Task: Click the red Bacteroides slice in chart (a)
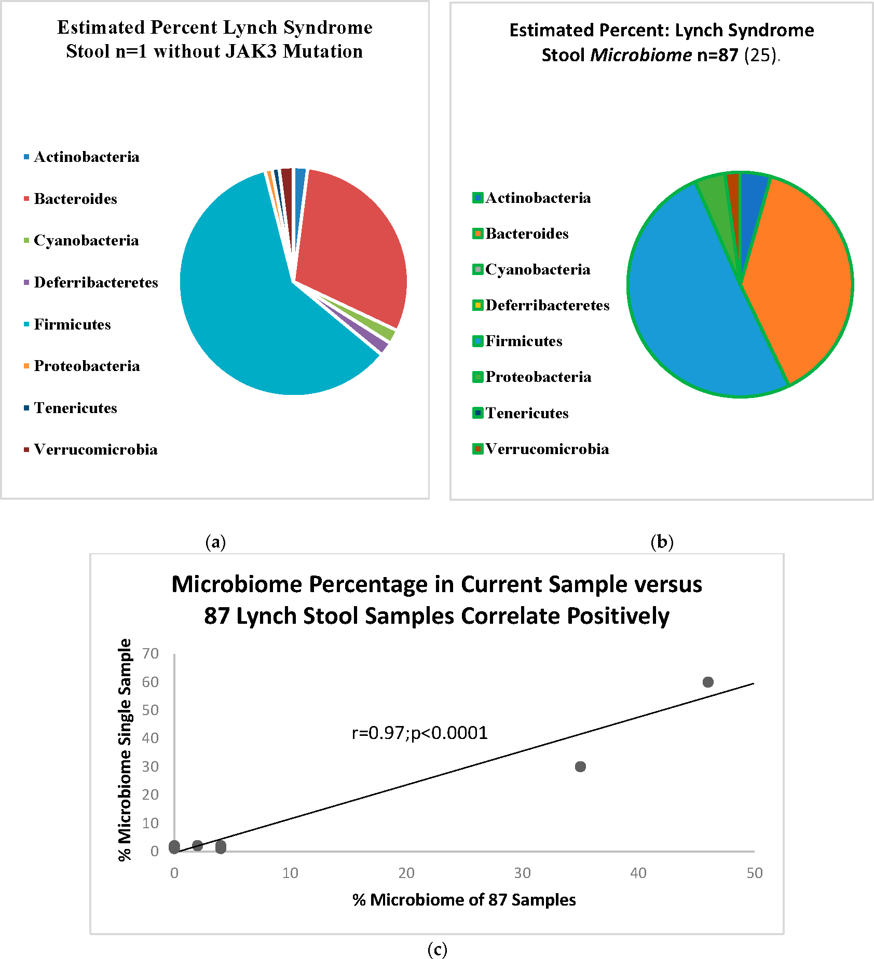tap(348, 244)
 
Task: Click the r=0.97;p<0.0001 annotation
tap(419, 733)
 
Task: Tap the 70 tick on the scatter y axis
tap(151, 653)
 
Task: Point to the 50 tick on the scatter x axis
tap(754, 873)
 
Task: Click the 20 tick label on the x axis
tap(406, 873)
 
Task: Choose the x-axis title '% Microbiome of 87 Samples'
tap(464, 899)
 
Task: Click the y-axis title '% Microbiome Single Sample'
tap(125, 749)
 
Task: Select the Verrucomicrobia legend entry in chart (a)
tap(95, 449)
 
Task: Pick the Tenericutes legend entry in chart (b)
tap(527, 413)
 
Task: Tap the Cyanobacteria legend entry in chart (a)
tap(86, 240)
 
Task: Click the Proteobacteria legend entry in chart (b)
tap(538, 377)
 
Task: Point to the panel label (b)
tap(662, 542)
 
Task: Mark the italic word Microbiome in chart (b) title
tap(641, 54)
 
